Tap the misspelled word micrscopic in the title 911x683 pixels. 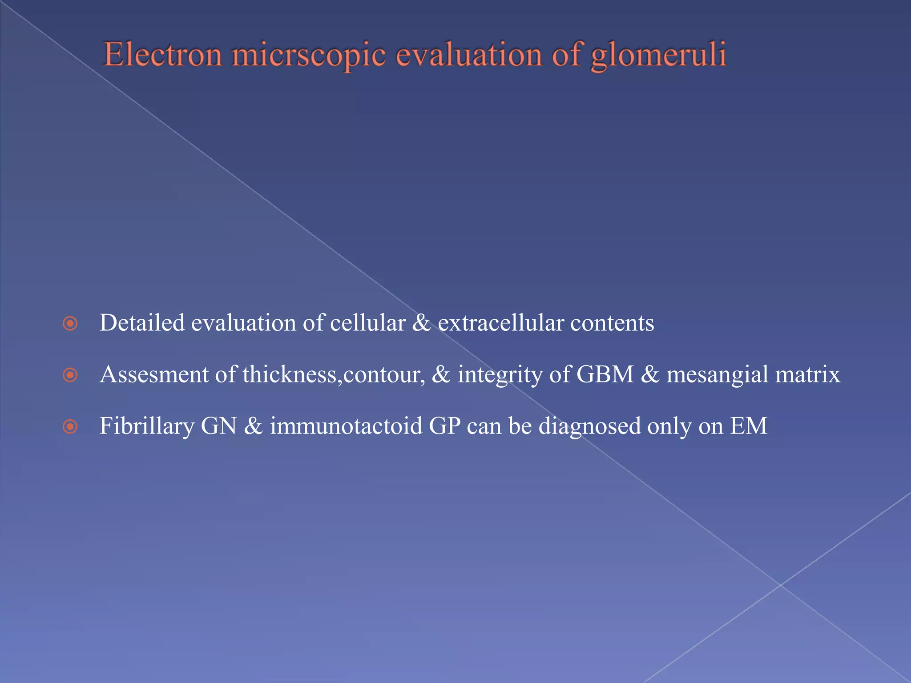pos(309,55)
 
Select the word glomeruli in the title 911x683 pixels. pos(658,55)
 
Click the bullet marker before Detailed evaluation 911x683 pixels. pos(70,323)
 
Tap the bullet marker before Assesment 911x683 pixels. pos(70,375)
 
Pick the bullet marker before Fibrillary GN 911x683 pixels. pos(70,427)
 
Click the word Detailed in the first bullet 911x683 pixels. pos(142,322)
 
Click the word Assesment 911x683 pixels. pos(154,374)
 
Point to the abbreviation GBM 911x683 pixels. pos(605,374)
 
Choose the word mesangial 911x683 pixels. pos(717,374)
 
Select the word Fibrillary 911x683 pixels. pos(147,426)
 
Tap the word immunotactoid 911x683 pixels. pos(346,426)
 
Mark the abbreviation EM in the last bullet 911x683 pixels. pos(749,426)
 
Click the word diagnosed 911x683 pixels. pos(589,426)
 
